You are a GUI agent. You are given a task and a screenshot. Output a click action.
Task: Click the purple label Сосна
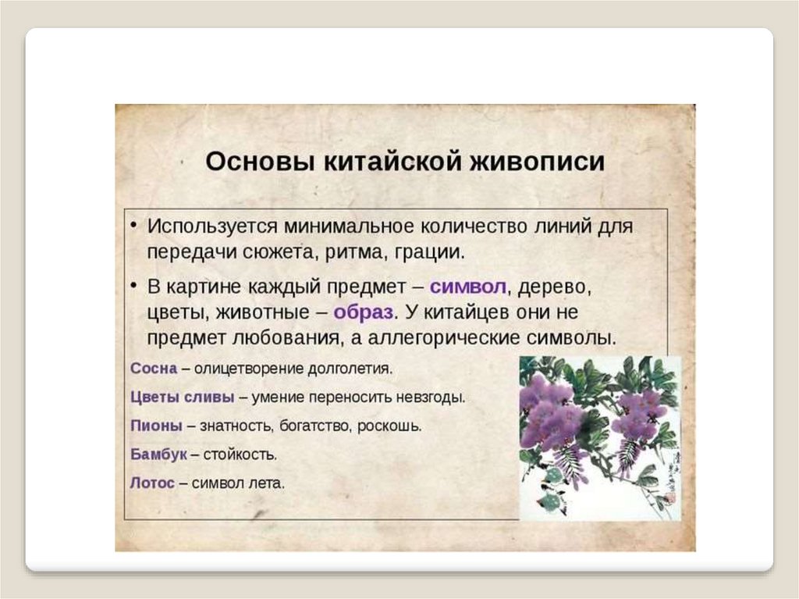pos(154,367)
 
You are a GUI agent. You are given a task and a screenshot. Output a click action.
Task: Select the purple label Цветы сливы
pos(182,397)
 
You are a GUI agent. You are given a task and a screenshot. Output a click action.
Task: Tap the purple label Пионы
pos(156,426)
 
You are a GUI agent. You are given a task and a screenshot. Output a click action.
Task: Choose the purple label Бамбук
pos(158,454)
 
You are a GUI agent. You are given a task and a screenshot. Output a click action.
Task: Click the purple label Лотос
pos(152,483)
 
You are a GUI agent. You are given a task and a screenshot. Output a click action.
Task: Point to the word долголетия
pos(349,367)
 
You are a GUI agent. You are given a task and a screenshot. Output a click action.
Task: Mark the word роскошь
pos(395,426)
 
